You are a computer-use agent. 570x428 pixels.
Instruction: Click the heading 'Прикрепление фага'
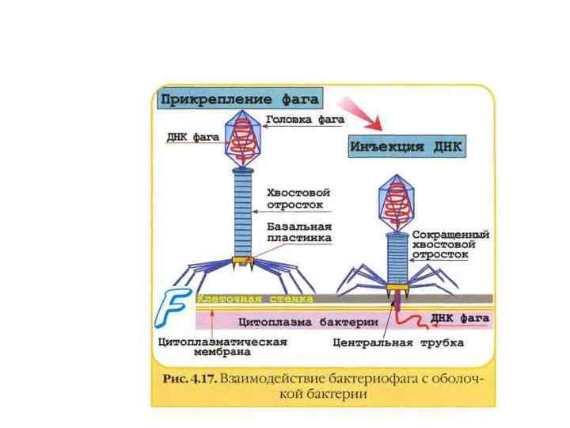[241, 99]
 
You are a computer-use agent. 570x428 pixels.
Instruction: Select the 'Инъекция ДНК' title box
[405, 147]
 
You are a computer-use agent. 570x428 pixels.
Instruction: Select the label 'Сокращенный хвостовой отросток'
[450, 245]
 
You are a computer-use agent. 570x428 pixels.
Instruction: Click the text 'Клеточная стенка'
[253, 299]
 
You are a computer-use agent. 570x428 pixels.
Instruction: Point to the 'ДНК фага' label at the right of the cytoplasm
[459, 317]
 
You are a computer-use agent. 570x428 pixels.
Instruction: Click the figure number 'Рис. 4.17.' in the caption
[188, 380]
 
